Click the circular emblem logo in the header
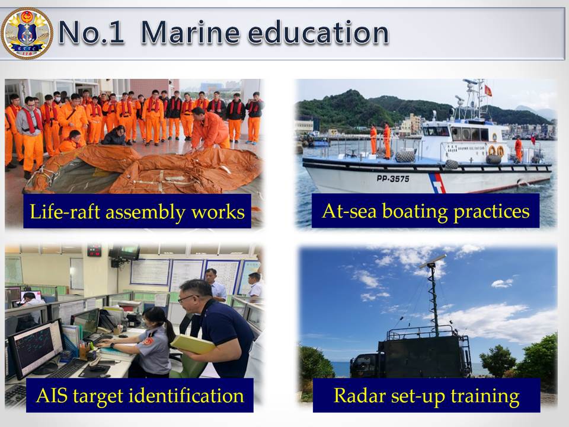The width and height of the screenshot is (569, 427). pyautogui.click(x=27, y=33)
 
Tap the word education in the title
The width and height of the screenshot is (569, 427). pyautogui.click(x=318, y=33)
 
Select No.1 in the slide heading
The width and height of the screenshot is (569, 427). pyautogui.click(x=91, y=33)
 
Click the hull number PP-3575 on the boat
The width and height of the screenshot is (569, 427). pyautogui.click(x=392, y=179)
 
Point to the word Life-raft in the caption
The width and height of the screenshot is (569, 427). pyautogui.click(x=65, y=211)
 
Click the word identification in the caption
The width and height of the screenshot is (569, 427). pyautogui.click(x=187, y=396)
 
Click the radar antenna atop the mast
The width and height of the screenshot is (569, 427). pyautogui.click(x=433, y=261)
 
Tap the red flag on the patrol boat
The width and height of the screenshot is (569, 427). pyautogui.click(x=488, y=91)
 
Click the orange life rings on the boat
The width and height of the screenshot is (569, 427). pyautogui.click(x=496, y=150)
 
